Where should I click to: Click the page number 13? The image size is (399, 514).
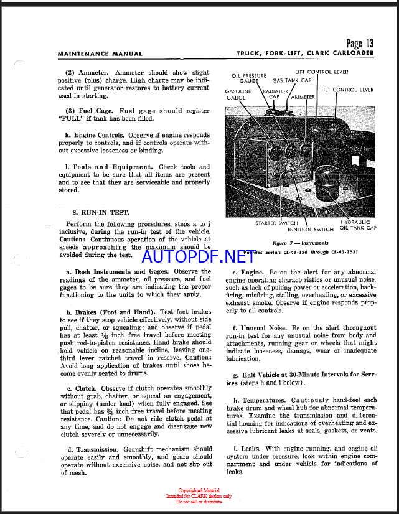tap(360, 43)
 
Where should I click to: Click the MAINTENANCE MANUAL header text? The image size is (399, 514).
tap(100, 54)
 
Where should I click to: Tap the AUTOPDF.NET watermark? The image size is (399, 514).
tap(198, 256)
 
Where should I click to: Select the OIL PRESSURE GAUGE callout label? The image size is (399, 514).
tap(249, 78)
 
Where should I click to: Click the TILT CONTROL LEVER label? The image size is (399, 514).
tap(347, 90)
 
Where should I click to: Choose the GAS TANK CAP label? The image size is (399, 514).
tap(292, 81)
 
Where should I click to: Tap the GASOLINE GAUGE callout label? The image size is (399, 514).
tap(238, 95)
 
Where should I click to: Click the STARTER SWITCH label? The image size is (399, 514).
tap(276, 223)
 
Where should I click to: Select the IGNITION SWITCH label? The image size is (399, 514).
tap(311, 230)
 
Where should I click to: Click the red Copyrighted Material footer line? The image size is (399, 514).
tap(199, 490)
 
